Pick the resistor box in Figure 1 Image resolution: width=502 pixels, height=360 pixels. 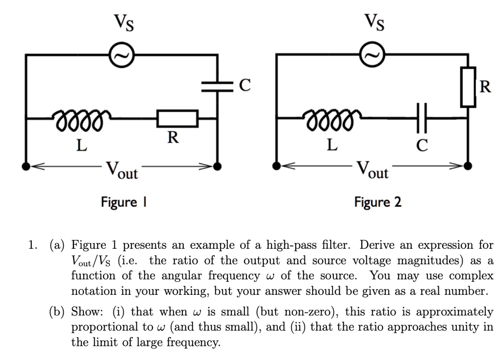(177, 118)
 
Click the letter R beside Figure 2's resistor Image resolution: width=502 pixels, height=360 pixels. (485, 87)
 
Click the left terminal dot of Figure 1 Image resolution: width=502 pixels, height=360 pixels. (26, 166)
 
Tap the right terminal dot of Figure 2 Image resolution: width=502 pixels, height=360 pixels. (468, 166)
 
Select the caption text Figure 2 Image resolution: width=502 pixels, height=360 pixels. (378, 202)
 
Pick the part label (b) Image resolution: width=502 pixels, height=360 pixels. (60, 312)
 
